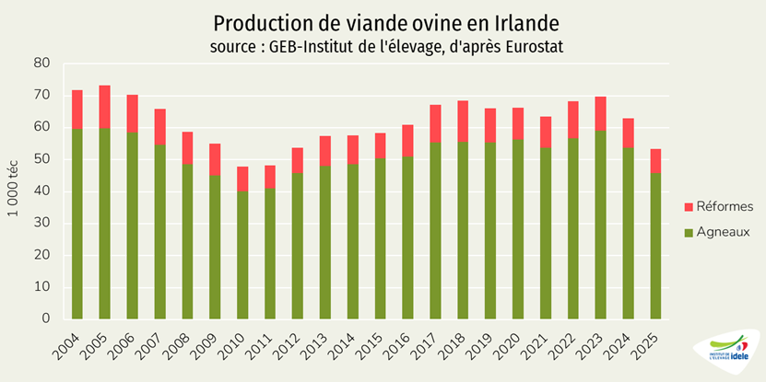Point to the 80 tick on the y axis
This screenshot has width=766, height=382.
41,64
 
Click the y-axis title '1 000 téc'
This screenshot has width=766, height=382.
14,191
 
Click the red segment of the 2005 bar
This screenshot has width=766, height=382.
105,107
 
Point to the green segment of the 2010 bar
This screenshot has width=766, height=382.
242,254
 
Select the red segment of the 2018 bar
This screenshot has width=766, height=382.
463,121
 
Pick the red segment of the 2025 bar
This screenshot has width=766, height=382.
655,160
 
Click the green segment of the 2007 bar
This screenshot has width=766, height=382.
160,231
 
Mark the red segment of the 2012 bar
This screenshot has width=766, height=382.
298,160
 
